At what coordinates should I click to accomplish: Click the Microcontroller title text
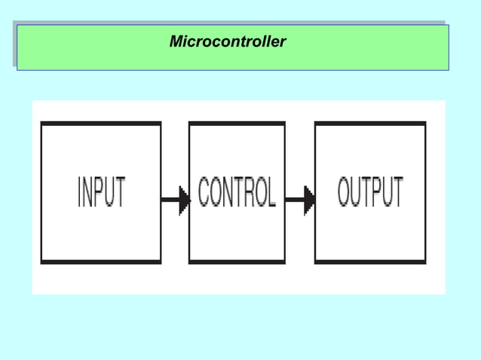pyautogui.click(x=228, y=42)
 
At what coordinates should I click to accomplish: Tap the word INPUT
pyautogui.click(x=102, y=193)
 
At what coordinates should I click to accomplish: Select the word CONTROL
pyautogui.click(x=237, y=193)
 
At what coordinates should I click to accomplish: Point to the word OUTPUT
pyautogui.click(x=370, y=193)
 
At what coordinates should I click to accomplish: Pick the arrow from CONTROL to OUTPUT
pyautogui.click(x=299, y=200)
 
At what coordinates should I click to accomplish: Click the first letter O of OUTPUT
pyautogui.click(x=344, y=193)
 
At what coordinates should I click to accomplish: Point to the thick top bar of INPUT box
pyautogui.click(x=100, y=124)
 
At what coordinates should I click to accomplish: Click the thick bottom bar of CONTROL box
pyautogui.click(x=237, y=262)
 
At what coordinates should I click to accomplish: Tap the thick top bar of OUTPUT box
pyautogui.click(x=370, y=124)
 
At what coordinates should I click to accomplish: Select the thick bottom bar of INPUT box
pyautogui.click(x=100, y=262)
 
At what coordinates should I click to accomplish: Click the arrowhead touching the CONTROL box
pyautogui.click(x=185, y=200)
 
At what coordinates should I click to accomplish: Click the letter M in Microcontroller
pyautogui.click(x=176, y=42)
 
